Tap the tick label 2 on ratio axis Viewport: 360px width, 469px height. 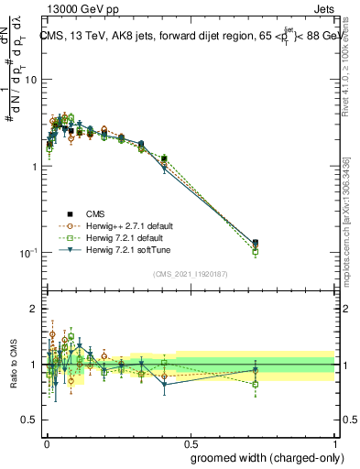pyautogui.click(x=34, y=309)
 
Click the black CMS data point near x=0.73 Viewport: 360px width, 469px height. pyautogui.click(x=255, y=243)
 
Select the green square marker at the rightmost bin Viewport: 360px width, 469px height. pyautogui.click(x=255, y=251)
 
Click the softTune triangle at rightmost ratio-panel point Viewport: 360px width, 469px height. pyautogui.click(x=255, y=370)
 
